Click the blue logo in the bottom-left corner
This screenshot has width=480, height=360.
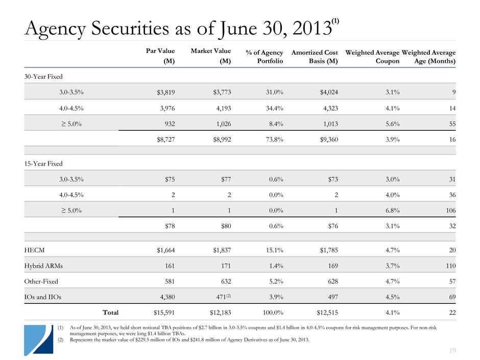(x=37, y=339)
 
